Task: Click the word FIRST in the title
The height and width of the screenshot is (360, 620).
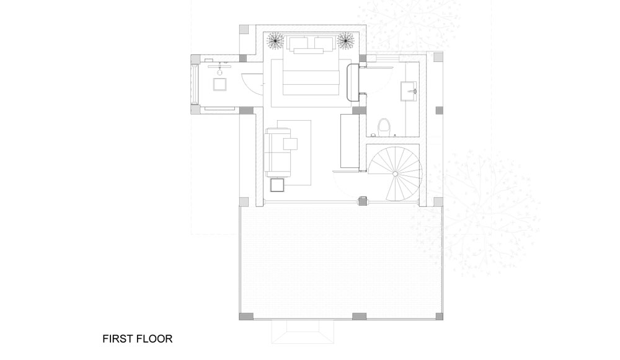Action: pyautogui.click(x=118, y=339)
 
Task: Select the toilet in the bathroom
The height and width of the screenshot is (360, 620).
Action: pyautogui.click(x=383, y=127)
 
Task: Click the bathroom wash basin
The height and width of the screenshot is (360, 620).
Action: pyautogui.click(x=409, y=91)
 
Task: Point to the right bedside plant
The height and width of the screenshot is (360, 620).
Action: pyautogui.click(x=345, y=41)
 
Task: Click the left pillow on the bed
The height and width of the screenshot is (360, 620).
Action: pyautogui.click(x=299, y=43)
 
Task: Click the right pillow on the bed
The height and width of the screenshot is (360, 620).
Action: pyautogui.click(x=324, y=43)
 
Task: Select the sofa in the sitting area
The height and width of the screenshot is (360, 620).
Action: pyautogui.click(x=277, y=152)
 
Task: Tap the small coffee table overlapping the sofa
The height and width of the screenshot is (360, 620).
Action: pyautogui.click(x=290, y=144)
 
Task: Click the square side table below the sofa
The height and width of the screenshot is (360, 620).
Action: pyautogui.click(x=277, y=185)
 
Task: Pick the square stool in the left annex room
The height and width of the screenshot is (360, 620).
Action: pyautogui.click(x=220, y=84)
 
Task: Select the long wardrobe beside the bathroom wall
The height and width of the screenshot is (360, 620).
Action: pyautogui.click(x=350, y=141)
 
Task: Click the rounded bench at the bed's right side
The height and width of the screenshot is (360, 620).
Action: pyautogui.click(x=353, y=83)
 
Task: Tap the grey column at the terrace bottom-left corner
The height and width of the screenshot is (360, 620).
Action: pyautogui.click(x=244, y=316)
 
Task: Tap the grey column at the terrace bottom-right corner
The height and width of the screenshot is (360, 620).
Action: pyautogui.click(x=438, y=316)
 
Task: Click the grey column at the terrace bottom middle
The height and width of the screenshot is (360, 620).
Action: pyautogui.click(x=359, y=316)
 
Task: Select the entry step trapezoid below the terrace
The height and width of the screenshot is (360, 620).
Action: pyautogui.click(x=303, y=331)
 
